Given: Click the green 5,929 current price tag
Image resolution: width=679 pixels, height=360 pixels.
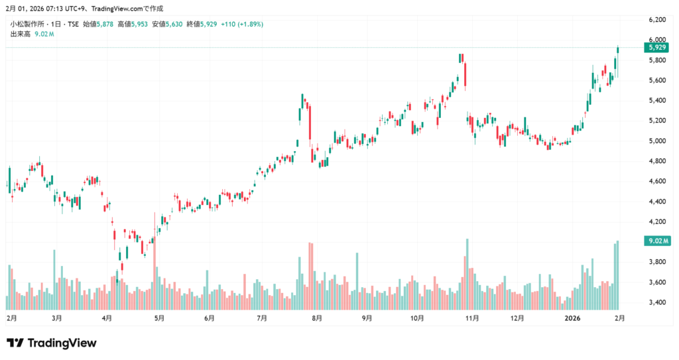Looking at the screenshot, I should point(656,47).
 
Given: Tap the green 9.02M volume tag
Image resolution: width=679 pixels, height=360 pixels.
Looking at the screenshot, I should point(656,241).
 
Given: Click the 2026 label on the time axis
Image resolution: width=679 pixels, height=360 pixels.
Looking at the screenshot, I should point(572,318).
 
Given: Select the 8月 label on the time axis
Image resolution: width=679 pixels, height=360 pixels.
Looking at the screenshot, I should point(317,318).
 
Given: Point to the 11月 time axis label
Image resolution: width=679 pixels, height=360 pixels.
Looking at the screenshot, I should point(471,318).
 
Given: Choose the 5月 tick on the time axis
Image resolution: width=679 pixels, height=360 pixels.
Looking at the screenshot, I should point(159,318).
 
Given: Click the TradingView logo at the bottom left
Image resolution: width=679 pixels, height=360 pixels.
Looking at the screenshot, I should point(52,343).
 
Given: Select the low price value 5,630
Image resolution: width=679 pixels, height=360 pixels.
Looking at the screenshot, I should point(174,25).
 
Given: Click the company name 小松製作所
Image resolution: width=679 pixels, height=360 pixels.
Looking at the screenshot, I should point(26,25).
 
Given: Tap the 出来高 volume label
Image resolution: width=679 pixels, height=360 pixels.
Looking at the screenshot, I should point(20,34).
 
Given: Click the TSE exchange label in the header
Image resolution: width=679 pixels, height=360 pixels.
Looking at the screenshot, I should point(72,25).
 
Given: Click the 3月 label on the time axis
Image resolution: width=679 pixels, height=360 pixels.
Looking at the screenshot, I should point(57,318).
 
